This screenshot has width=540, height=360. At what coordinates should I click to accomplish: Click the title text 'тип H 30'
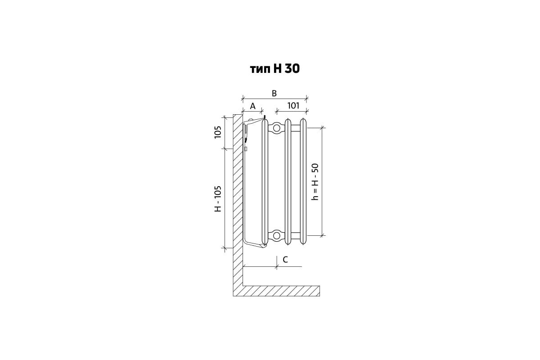pyautogui.click(x=274, y=68)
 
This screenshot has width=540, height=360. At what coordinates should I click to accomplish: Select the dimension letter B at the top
pyautogui.click(x=274, y=93)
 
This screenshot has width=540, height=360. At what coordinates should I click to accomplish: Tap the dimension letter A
pyautogui.click(x=252, y=106)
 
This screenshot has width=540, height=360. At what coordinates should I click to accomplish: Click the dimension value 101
pyautogui.click(x=293, y=106)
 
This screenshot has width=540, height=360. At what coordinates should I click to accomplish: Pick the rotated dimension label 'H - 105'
pyautogui.click(x=218, y=199)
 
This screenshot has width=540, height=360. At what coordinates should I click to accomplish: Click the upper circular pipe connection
pyautogui.click(x=276, y=128)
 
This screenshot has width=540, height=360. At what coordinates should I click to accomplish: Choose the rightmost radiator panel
pyautogui.click(x=304, y=181)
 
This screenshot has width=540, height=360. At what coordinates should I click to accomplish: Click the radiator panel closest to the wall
pyautogui.click(x=265, y=181)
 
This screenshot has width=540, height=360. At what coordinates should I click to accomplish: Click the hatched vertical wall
pyautogui.click(x=238, y=202)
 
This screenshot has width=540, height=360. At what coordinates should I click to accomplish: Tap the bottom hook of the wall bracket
pyautogui.click(x=255, y=244)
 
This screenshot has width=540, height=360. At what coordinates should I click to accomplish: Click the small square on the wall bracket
pyautogui.click(x=246, y=148)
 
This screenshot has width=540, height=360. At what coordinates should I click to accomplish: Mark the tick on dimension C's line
pyautogui.click(x=276, y=266)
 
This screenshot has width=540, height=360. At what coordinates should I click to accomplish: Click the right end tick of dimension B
pyautogui.click(x=307, y=98)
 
